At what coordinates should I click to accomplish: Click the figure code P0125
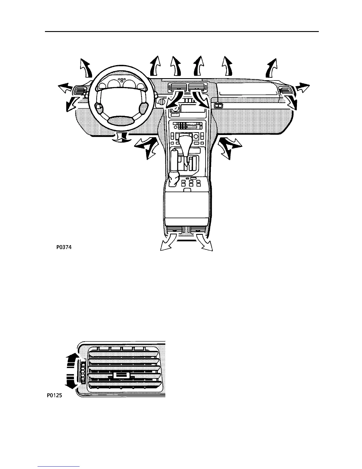(x=54, y=395)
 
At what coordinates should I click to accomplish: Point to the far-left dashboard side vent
(x=80, y=91)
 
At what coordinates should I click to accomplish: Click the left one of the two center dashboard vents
(x=177, y=87)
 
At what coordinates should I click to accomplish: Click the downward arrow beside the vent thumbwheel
(x=73, y=384)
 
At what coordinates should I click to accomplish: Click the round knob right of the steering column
(x=161, y=102)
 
